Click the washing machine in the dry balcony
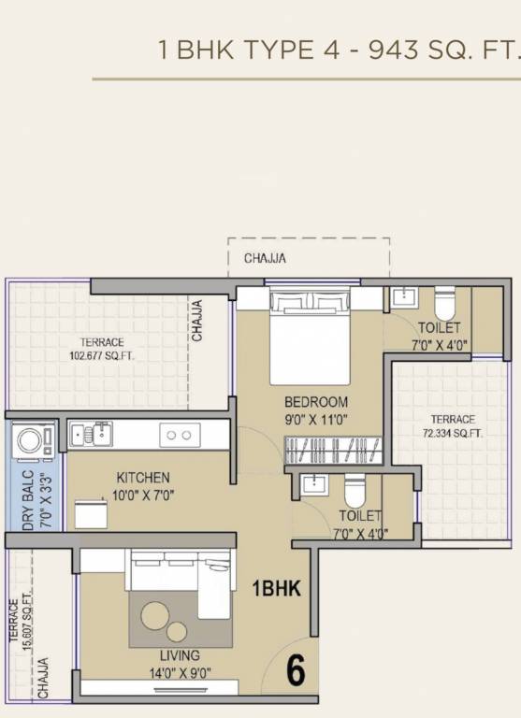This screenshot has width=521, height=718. pyautogui.click(x=34, y=441)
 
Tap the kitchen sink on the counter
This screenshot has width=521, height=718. pyautogui.click(x=90, y=434)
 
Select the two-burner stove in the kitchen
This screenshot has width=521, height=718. pyautogui.click(x=180, y=435)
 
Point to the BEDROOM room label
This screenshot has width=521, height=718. pyautogui.click(x=317, y=402)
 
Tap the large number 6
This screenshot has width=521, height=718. pyautogui.click(x=295, y=669)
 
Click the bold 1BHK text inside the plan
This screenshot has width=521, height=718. pyautogui.click(x=276, y=589)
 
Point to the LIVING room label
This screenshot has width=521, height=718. pyautogui.click(x=179, y=655)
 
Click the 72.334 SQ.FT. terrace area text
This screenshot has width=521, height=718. pyautogui.click(x=453, y=433)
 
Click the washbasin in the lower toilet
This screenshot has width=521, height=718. pyautogui.click(x=311, y=485)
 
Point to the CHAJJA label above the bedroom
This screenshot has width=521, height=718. pyautogui.click(x=265, y=258)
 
